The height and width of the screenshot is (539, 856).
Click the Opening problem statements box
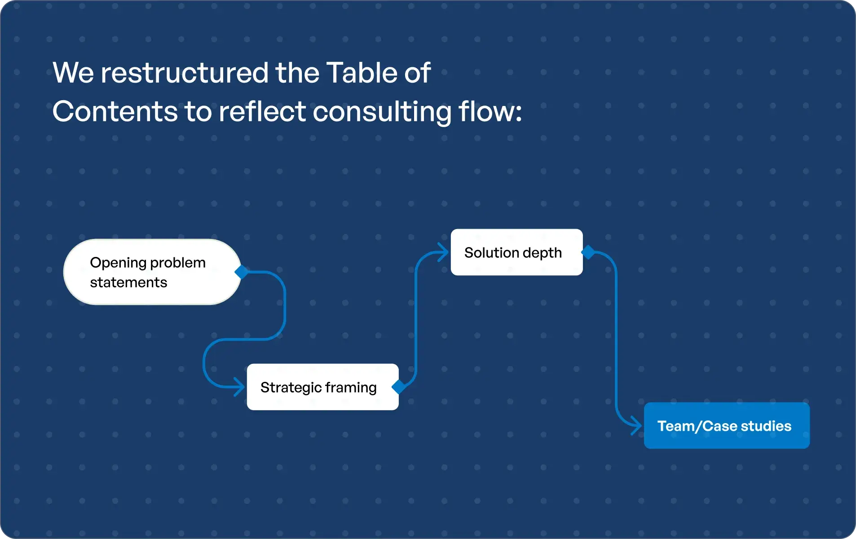click(152, 272)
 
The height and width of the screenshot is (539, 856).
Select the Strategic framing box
click(322, 387)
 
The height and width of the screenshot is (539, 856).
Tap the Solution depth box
click(516, 252)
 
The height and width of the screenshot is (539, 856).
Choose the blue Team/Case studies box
click(726, 425)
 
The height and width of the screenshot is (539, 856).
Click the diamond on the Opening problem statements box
click(242, 272)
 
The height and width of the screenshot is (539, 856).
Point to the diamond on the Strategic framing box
click(398, 387)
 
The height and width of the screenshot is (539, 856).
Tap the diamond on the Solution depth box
click(588, 252)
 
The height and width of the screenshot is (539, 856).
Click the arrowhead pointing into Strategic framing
click(239, 387)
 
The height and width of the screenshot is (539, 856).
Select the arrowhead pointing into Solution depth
click(443, 252)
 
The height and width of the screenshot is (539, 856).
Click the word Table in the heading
click(362, 73)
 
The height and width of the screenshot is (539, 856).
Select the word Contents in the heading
click(115, 111)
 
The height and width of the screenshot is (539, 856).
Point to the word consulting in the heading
click(382, 111)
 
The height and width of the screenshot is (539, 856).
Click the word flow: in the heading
click(490, 111)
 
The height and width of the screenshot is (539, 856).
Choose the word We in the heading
click(73, 73)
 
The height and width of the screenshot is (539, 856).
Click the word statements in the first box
click(128, 283)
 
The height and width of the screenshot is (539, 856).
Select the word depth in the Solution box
click(542, 253)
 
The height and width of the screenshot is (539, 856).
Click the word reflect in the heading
click(262, 111)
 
